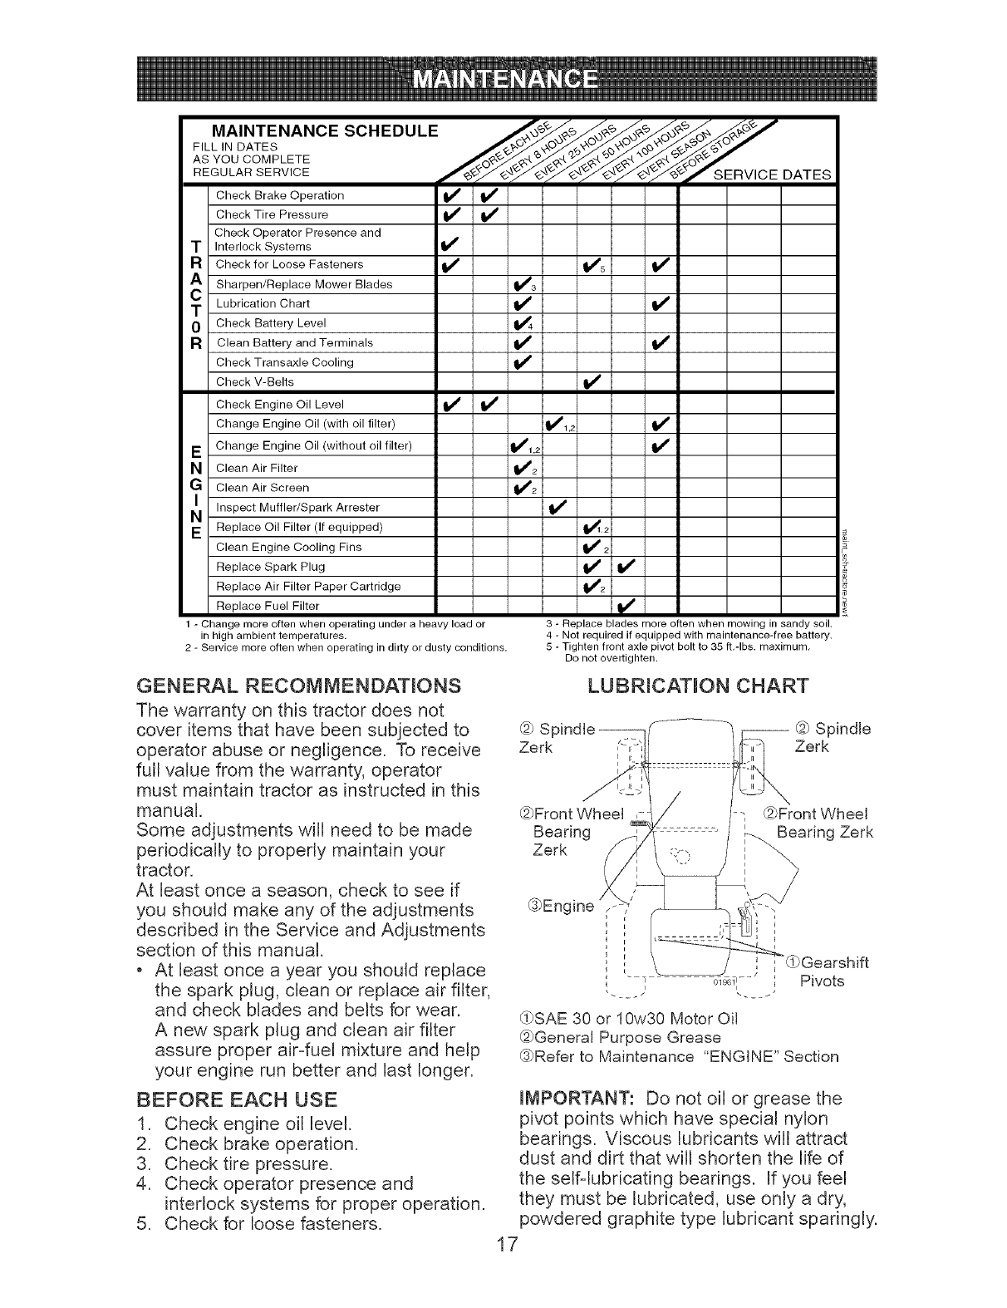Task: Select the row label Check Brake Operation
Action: click(x=268, y=196)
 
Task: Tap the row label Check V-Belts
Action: click(x=254, y=382)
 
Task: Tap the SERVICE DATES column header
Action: click(x=773, y=175)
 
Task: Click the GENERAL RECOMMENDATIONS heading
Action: click(x=298, y=686)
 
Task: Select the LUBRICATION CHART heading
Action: click(x=698, y=686)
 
